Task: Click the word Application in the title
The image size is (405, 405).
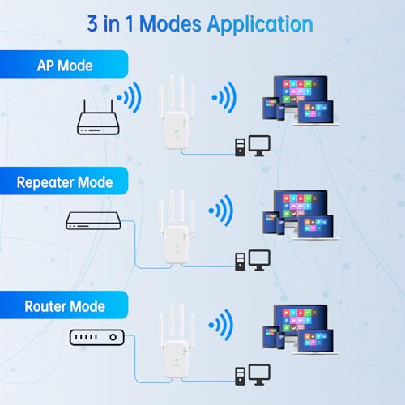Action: pos(260,25)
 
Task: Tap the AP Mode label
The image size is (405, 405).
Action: pos(65,66)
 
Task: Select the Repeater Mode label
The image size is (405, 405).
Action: pos(65,182)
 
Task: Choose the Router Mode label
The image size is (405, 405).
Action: pos(65,306)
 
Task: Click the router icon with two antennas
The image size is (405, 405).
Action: pos(98,117)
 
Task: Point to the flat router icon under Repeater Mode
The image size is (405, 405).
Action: pos(93,221)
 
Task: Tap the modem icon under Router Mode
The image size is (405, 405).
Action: pos(97,337)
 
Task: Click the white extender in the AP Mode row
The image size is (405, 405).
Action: pos(177,113)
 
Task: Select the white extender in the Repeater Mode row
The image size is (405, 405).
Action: pos(177,227)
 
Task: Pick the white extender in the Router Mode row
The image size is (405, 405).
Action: pos(177,341)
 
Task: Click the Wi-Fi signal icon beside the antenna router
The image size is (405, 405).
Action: pos(129,97)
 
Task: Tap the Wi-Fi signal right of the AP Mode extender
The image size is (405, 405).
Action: pos(224,97)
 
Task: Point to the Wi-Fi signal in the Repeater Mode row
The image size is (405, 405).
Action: pos(221,211)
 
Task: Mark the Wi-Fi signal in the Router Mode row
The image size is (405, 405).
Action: pos(221,325)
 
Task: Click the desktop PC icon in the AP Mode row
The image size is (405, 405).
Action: pos(253,146)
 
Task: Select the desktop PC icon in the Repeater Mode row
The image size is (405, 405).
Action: pos(253,260)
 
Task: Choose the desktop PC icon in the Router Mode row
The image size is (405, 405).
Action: pos(253,375)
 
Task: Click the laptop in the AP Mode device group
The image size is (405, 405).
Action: pos(316,113)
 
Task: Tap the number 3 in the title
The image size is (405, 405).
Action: pos(92,23)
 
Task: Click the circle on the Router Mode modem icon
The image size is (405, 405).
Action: pos(113,337)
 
